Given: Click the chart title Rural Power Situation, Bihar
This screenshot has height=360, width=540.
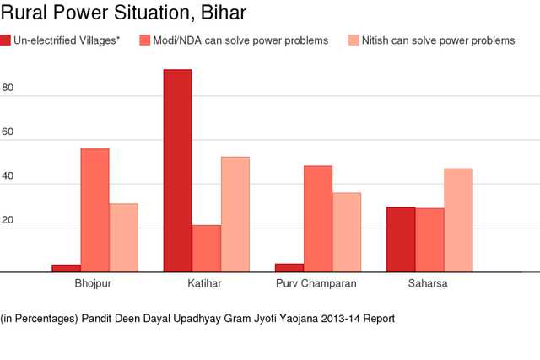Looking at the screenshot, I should [124, 15].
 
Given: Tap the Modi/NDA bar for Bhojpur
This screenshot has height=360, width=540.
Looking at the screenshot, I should [94, 210].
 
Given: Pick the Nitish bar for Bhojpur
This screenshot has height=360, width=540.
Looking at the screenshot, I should [123, 238].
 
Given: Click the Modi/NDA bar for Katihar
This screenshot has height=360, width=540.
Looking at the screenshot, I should [206, 249].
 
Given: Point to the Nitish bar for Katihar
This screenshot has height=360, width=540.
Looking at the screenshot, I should [235, 214].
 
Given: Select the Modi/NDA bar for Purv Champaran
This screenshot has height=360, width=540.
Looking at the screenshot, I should [318, 218].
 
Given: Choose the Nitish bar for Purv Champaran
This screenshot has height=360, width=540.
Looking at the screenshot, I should [347, 232].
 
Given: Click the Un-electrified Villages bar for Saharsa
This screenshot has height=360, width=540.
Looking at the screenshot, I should [401, 239].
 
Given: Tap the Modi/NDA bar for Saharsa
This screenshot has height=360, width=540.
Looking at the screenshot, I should [429, 240].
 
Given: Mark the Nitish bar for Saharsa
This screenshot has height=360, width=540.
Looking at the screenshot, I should [458, 220].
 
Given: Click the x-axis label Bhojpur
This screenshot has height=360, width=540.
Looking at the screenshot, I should [93, 283].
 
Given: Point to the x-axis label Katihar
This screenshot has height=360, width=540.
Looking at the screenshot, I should [205, 283].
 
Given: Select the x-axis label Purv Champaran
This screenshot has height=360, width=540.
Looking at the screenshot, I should [316, 283].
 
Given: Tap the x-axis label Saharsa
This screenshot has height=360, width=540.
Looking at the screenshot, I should [429, 283].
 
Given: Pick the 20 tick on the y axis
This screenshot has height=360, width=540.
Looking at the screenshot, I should [8, 220].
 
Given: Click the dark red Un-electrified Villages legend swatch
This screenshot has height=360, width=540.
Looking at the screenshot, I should [6, 41].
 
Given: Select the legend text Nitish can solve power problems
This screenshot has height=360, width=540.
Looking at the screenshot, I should [438, 41].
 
